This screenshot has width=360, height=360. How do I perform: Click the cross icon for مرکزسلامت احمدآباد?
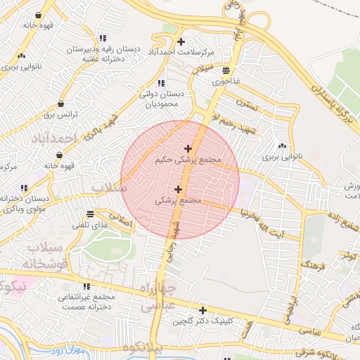point(182,41)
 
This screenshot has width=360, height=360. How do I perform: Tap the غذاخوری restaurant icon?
point(226,70)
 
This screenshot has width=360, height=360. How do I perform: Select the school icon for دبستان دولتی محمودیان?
point(162,83)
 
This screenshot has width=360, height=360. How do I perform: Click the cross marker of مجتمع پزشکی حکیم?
point(188,148)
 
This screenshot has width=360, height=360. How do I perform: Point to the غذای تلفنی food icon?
point(90,214)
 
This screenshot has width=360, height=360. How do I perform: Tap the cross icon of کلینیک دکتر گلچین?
point(202,310)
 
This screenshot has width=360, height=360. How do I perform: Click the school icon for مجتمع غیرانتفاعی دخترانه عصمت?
point(87,287)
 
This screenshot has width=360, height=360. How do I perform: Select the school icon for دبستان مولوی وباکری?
point(25,188)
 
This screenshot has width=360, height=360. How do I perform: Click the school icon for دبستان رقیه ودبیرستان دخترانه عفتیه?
point(103,38)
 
